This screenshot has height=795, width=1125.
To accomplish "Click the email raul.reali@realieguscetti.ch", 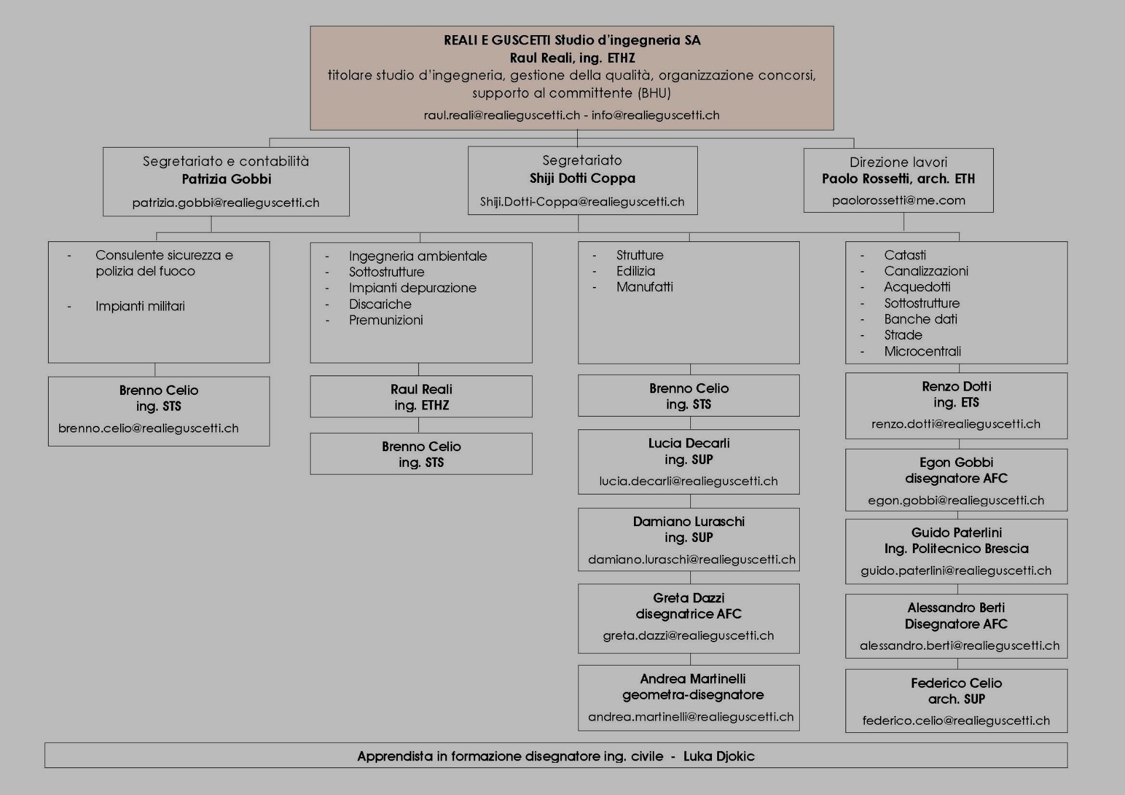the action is [x=502, y=115].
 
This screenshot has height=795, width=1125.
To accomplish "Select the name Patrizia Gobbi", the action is [x=226, y=179].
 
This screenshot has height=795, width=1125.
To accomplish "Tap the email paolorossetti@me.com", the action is [x=898, y=200].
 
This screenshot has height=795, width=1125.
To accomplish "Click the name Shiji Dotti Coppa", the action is [x=582, y=178].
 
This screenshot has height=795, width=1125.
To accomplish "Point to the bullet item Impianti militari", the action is [x=140, y=306].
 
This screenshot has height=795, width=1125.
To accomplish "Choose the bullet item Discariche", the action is [x=380, y=304].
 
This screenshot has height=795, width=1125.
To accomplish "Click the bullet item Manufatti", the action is [x=645, y=287].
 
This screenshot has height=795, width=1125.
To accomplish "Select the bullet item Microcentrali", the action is [x=922, y=352].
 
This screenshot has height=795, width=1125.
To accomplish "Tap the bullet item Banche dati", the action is [x=921, y=319].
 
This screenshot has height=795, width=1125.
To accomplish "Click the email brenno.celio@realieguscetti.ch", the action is [x=148, y=428].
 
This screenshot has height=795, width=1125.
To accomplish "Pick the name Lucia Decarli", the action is [x=688, y=443].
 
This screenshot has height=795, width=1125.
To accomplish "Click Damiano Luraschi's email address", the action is [x=691, y=559].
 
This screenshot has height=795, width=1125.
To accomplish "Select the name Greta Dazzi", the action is [x=688, y=598].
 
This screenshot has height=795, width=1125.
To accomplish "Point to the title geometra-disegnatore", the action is [x=693, y=695].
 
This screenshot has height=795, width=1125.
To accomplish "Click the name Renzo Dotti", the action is [x=956, y=387].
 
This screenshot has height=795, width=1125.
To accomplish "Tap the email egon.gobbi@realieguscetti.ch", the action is [x=956, y=500].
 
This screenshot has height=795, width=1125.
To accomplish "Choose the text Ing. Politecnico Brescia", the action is [x=956, y=549].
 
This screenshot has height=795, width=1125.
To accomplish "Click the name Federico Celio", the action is [x=956, y=683].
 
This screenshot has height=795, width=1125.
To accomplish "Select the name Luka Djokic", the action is [x=719, y=756].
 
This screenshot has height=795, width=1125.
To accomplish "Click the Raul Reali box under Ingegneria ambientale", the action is [x=421, y=397].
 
